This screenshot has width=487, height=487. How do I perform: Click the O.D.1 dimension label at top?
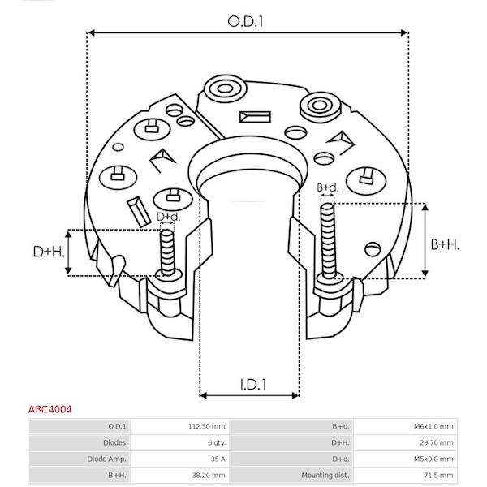point(245,22)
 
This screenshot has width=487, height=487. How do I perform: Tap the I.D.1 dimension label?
point(253,385)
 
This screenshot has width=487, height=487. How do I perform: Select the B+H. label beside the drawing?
point(445,245)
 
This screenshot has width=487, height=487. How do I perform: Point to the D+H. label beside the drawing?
point(49,252)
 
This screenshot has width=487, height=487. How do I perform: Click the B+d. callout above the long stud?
point(328,187)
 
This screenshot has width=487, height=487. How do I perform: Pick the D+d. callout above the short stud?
point(168,217)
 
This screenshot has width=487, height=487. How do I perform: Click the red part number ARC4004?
point(50,409)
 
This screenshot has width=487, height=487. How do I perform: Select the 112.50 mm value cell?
point(206,426)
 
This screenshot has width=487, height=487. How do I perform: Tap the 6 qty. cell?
point(217,442)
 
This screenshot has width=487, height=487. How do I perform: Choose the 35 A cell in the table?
point(218,459)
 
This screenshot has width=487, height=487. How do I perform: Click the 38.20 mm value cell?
point(209,475)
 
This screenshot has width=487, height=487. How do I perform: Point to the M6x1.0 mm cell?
point(433,426)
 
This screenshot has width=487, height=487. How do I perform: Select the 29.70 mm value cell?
point(437,442)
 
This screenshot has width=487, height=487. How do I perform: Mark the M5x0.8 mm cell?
point(433,459)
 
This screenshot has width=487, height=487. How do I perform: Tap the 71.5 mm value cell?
point(438,475)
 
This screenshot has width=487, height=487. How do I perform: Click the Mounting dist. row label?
point(325,475)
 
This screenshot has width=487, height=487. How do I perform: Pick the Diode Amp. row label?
point(106,459)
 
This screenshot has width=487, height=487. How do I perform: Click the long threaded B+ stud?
point(328,241)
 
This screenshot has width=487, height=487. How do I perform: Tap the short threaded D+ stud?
point(167,252)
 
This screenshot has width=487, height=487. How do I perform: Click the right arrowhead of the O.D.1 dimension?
point(403,32)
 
